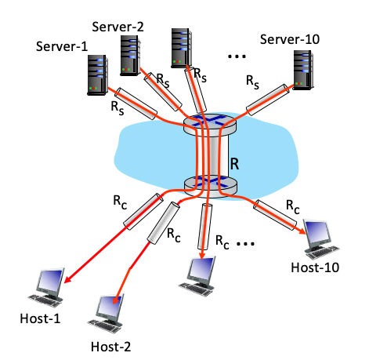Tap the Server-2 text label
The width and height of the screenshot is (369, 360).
118,26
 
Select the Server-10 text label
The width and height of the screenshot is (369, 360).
291,38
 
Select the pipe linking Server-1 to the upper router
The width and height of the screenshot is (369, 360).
139,111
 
